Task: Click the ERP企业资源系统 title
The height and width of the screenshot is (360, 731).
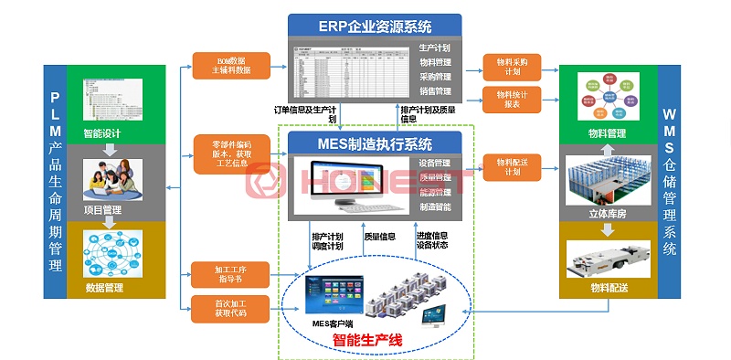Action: [x=375, y=26]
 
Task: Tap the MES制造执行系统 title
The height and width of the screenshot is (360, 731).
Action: [x=375, y=143]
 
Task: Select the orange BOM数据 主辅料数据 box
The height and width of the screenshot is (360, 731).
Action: [x=231, y=66]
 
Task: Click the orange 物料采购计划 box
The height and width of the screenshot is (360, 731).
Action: [x=512, y=66]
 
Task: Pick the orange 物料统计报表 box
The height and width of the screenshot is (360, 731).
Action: [x=512, y=99]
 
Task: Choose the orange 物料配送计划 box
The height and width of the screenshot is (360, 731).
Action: [x=512, y=166]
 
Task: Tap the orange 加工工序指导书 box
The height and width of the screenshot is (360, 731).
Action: [x=231, y=274]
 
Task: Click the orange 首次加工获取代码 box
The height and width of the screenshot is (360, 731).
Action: [x=231, y=309]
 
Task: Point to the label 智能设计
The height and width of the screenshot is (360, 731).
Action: [x=102, y=133]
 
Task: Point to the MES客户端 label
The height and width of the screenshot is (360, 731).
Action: [x=332, y=322]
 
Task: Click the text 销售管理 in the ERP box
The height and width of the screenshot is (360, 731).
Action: [x=435, y=91]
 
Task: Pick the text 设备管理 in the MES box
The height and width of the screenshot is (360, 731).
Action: [x=435, y=164]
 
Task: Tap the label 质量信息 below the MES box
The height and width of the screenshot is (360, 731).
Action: [x=379, y=236]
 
